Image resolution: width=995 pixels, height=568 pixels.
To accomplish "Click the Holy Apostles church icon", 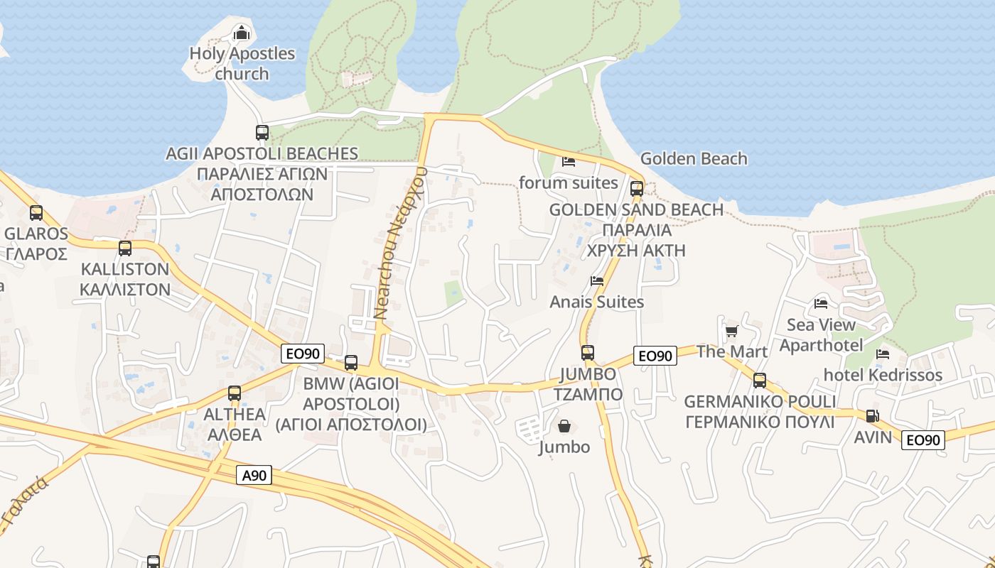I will (242, 33).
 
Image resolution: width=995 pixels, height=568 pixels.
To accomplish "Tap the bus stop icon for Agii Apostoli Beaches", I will (262, 132).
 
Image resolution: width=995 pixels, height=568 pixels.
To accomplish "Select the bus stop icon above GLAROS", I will (36, 212).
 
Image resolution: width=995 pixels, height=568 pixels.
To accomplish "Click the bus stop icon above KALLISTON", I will (125, 248).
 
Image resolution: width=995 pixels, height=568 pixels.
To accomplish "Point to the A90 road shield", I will (254, 475).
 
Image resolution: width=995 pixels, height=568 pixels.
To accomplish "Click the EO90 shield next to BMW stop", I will (303, 354).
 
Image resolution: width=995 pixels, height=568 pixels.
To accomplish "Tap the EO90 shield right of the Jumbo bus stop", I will (655, 356).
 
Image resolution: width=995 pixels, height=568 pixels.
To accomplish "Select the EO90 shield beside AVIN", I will (923, 439).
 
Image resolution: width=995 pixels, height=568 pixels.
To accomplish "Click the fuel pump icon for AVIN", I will (872, 416).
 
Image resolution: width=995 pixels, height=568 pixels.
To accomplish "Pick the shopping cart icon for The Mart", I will (731, 331).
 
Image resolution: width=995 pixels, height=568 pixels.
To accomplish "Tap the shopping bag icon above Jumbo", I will (564, 426).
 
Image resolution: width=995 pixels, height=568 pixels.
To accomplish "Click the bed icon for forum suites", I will (569, 162).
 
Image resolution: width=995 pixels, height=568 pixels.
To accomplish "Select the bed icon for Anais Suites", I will (597, 281).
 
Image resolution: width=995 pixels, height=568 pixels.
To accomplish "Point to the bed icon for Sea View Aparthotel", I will (821, 304).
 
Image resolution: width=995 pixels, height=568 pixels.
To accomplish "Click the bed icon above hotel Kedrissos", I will (883, 354).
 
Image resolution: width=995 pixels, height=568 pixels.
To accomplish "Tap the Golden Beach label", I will (694, 158).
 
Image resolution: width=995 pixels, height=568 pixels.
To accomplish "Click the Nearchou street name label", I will (402, 241).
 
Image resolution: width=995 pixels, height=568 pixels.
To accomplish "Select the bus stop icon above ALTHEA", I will (235, 393).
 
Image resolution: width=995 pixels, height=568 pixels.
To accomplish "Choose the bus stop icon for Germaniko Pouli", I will (760, 381).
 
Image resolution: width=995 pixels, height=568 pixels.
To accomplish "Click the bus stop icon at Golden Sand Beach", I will (637, 189).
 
